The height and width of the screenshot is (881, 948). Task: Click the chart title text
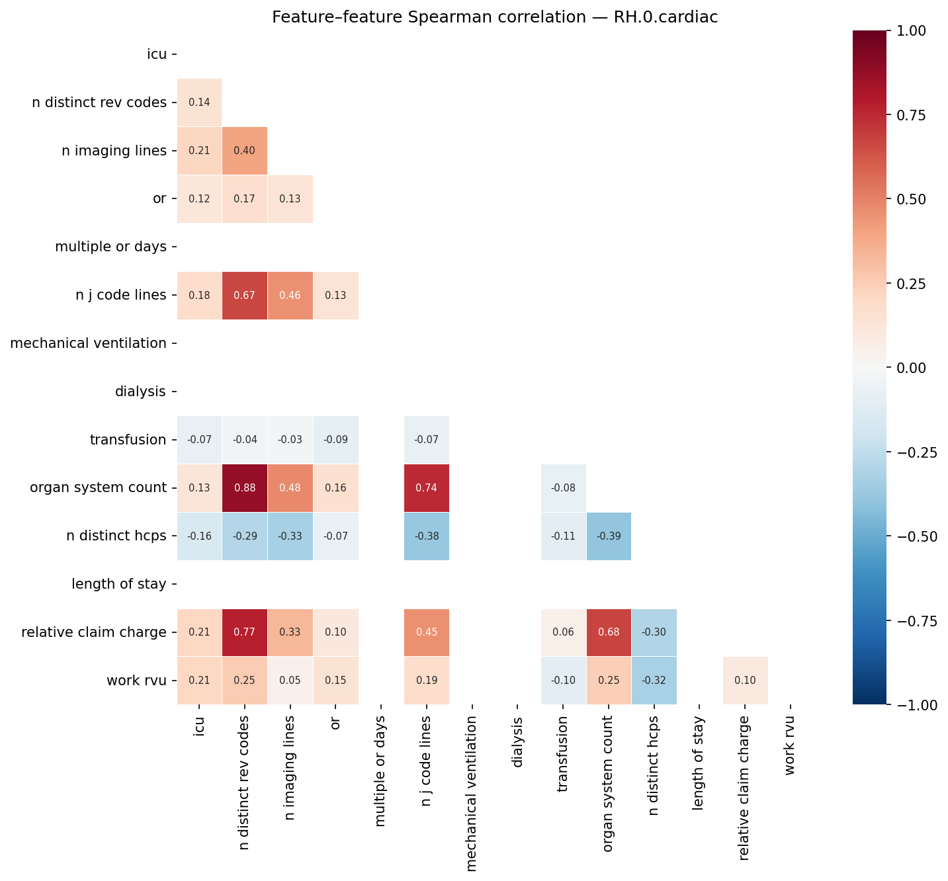tap(495, 17)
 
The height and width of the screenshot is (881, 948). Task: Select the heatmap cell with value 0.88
tap(245, 488)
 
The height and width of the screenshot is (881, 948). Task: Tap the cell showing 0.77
tap(245, 632)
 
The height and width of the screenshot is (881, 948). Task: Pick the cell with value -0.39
tap(609, 536)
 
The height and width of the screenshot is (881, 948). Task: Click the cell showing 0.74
tap(427, 488)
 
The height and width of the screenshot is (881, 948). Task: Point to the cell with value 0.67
tap(245, 295)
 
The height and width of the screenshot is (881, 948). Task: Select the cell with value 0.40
tap(245, 151)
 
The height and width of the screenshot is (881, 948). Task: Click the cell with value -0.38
tap(427, 536)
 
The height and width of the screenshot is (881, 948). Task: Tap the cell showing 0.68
tap(609, 632)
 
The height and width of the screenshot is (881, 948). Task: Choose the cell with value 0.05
tap(290, 681)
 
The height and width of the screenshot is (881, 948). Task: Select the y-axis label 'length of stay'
tap(119, 584)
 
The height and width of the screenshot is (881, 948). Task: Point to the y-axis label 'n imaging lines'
tap(114, 151)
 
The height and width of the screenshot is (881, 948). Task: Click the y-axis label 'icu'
tap(157, 54)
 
